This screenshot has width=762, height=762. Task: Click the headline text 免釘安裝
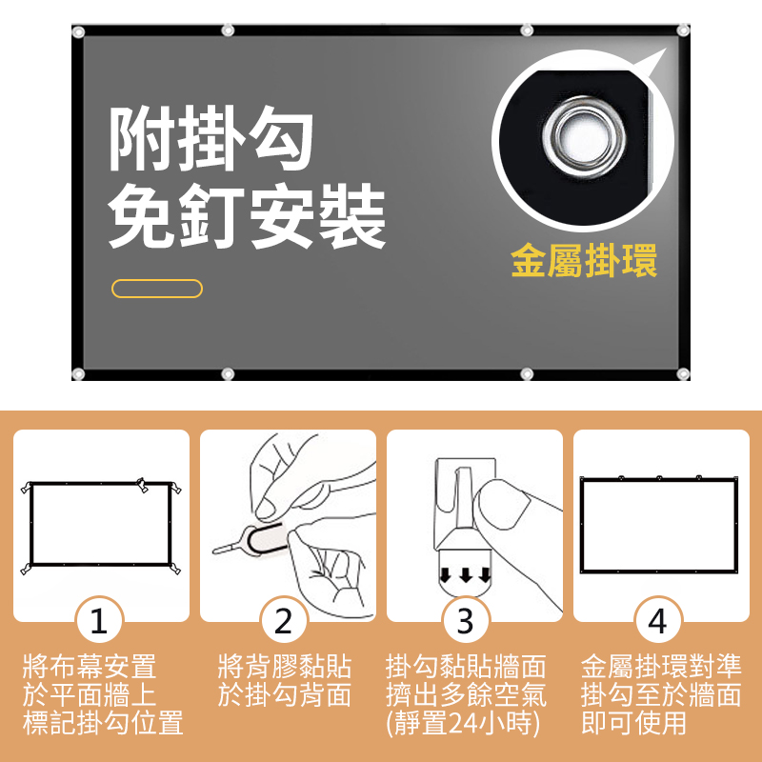pos(248,218)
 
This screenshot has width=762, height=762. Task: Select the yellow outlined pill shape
pos(157,289)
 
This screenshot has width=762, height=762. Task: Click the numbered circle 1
pos(98,622)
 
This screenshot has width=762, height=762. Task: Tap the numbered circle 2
pos(283,622)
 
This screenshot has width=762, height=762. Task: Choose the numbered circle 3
pos(465,622)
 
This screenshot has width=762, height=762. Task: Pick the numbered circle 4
pos(657,622)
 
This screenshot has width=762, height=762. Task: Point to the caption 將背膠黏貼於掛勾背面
pos(284,680)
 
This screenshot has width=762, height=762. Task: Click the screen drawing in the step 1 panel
pos(100,523)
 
